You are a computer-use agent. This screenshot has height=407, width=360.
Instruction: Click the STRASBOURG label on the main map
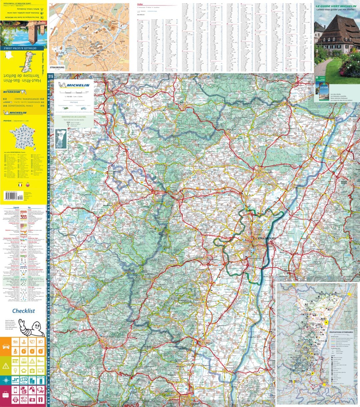click(x=267, y=238)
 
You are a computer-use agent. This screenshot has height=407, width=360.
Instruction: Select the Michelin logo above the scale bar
click(x=74, y=85)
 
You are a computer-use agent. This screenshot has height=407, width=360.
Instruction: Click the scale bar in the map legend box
click(x=74, y=92)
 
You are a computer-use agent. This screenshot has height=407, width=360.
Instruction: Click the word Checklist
click(x=23, y=311)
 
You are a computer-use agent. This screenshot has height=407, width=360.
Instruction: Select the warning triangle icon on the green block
click(x=6, y=366)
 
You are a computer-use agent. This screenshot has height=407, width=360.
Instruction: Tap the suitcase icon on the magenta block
click(x=6, y=395)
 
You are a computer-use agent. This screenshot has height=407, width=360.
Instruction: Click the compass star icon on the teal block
click(x=6, y=380)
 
